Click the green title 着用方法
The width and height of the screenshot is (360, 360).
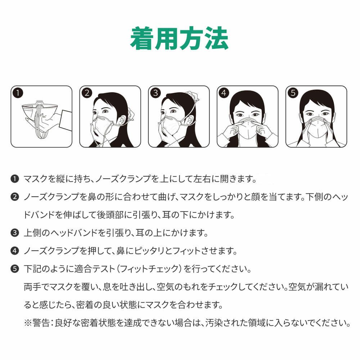(x=179, y=39)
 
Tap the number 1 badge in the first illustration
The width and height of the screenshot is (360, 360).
(x=18, y=93)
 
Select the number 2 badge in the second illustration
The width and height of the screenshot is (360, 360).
(x=87, y=93)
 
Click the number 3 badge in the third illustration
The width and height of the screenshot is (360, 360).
(x=156, y=93)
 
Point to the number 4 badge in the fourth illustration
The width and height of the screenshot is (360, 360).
(x=224, y=93)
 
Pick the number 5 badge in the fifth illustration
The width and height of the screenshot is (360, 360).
(x=293, y=93)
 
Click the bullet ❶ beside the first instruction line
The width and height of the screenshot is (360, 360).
(x=15, y=179)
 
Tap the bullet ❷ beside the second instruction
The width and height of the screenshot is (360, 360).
(x=15, y=197)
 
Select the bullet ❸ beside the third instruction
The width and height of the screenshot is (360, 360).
(x=15, y=233)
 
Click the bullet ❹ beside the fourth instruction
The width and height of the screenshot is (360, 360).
(x=15, y=251)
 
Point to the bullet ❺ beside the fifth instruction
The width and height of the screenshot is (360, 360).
(x=15, y=269)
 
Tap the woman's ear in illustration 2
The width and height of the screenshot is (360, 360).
(x=122, y=120)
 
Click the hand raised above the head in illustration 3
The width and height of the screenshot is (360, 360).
(x=192, y=96)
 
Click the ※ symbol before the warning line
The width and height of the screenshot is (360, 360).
(x=28, y=323)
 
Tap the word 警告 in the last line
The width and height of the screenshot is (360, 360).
(x=41, y=323)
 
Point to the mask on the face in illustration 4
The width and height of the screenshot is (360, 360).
(x=248, y=129)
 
